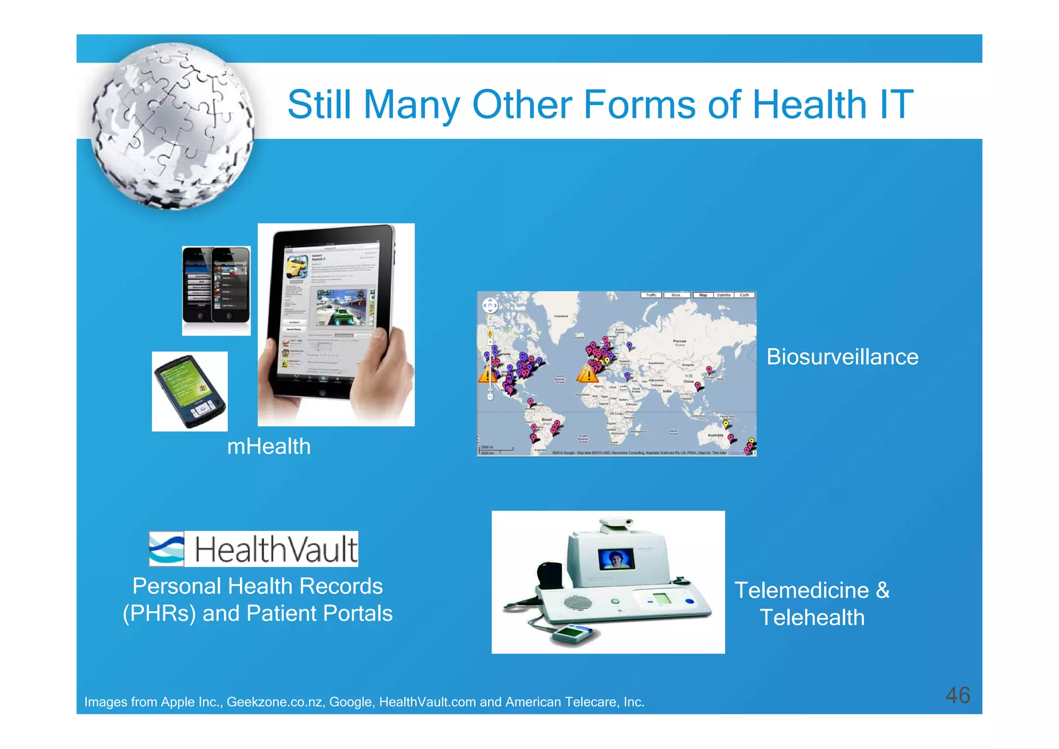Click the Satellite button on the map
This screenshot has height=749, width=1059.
point(723,295)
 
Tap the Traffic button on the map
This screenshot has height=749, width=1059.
point(651,295)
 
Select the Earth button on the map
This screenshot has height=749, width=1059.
point(744,295)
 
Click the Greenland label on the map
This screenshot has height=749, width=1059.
point(561,316)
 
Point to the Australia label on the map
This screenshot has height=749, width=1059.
point(715,435)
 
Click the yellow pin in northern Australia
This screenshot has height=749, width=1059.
point(726,424)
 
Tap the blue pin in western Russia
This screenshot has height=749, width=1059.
point(629,345)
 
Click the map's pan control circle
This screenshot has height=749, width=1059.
point(490,305)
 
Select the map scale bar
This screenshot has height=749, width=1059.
point(496,450)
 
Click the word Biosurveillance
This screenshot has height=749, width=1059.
point(842,357)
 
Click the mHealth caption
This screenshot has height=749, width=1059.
point(269,446)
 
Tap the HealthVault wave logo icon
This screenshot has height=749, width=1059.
point(167,549)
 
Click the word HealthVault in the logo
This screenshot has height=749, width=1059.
point(276,549)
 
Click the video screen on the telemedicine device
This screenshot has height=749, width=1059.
point(616,559)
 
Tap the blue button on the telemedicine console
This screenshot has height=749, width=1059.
point(689,601)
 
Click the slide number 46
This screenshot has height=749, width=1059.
point(957,695)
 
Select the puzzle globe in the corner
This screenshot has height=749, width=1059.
point(173,127)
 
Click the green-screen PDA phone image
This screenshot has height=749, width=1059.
point(190,392)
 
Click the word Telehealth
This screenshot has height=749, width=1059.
point(812,618)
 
